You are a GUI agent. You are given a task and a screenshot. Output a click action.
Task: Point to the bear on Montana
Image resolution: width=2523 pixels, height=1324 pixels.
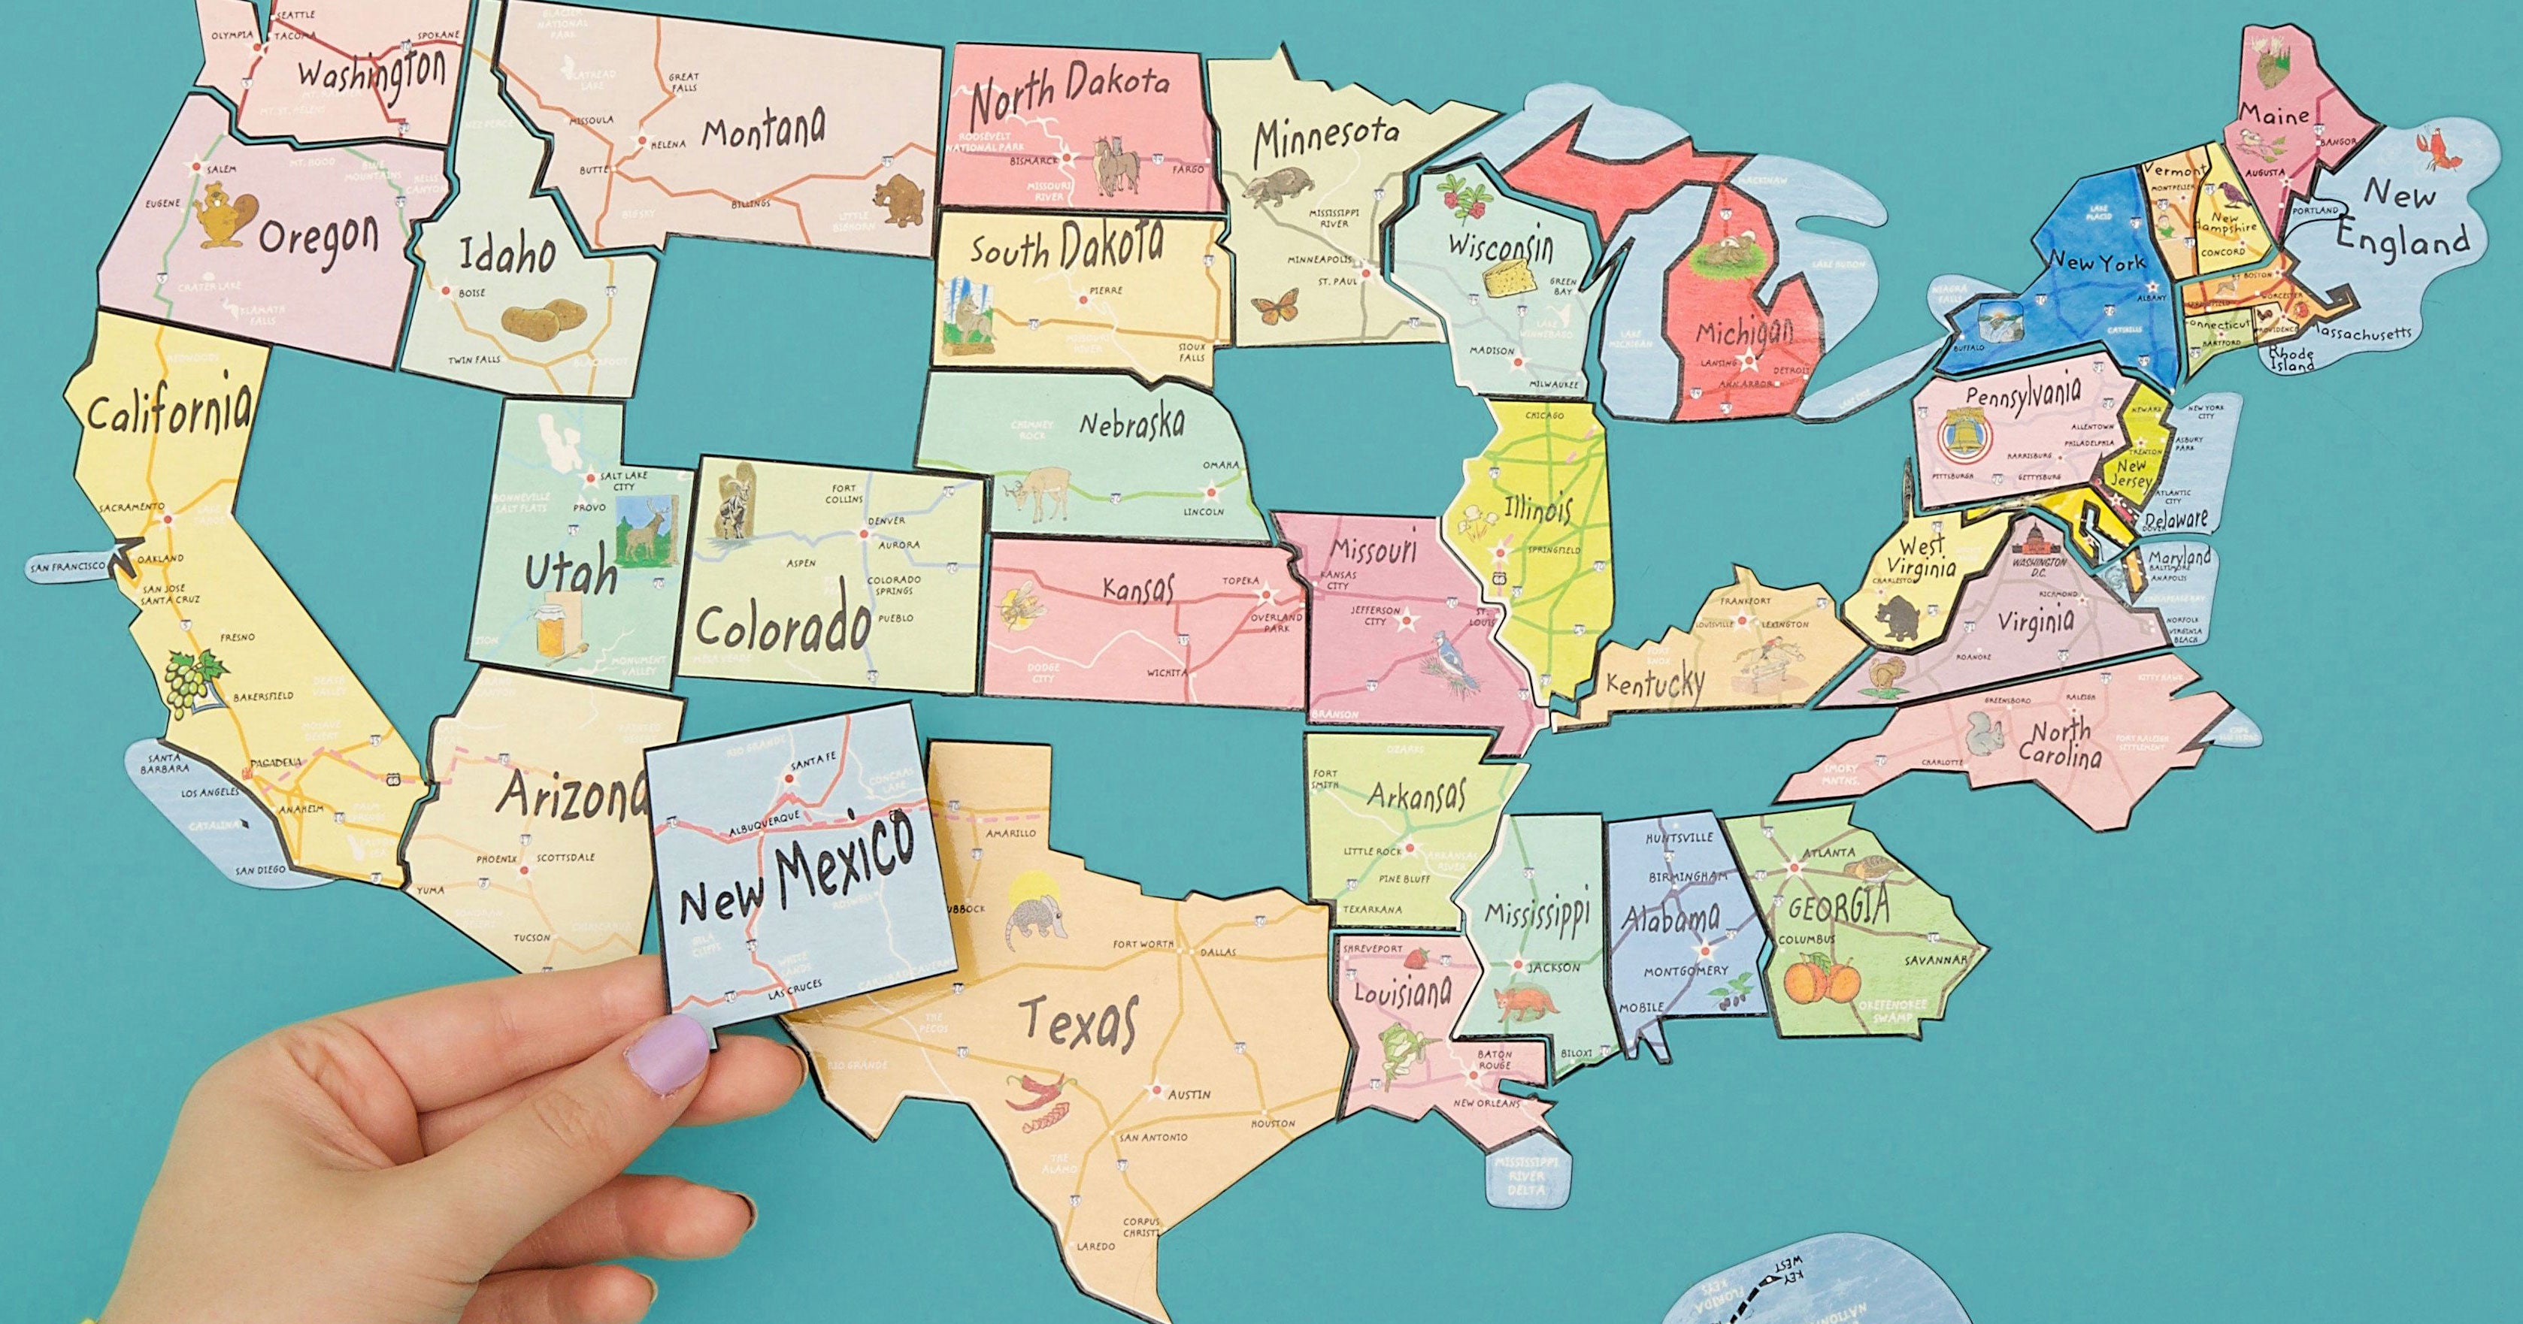(x=893, y=200)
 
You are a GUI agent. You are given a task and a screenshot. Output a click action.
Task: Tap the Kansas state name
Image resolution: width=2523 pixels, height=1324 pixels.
(x=1136, y=588)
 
